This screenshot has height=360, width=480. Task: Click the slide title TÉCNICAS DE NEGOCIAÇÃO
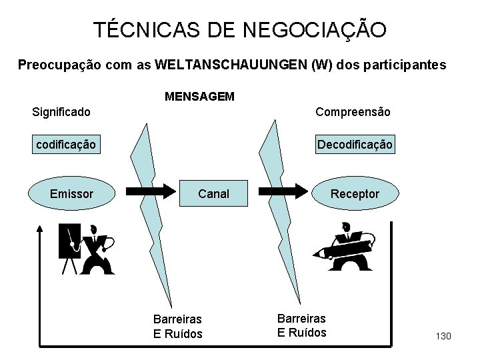click(x=239, y=29)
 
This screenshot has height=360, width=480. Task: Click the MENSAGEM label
click(x=199, y=97)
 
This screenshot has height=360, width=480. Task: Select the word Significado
click(x=62, y=112)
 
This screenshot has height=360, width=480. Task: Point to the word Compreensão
click(x=353, y=112)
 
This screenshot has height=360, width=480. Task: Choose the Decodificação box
click(x=355, y=144)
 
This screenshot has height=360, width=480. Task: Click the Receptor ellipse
click(x=355, y=194)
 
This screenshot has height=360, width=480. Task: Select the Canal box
click(x=213, y=194)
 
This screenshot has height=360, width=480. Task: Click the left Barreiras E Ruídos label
click(x=177, y=327)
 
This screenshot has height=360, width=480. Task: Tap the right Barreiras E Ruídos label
click(x=302, y=325)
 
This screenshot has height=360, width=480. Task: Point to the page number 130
click(x=442, y=336)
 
